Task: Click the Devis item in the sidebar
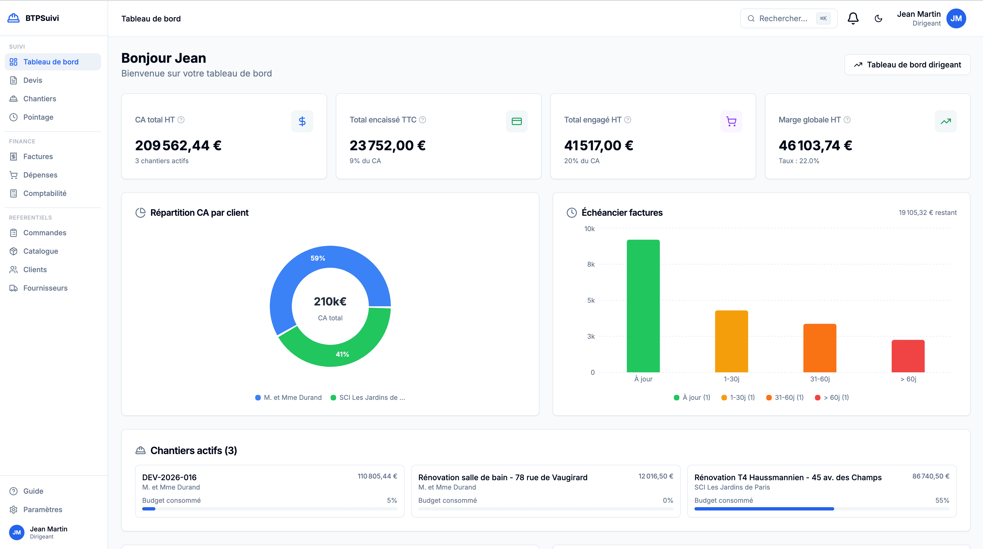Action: (32, 80)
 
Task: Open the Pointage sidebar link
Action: (38, 117)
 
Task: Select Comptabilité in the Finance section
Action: (45, 193)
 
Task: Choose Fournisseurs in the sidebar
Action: (45, 288)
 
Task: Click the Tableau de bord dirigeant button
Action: (907, 65)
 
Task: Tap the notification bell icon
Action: (853, 18)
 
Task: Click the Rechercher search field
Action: (783, 18)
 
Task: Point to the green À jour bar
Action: (643, 305)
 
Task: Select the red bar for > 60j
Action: (908, 356)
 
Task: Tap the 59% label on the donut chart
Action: (317, 258)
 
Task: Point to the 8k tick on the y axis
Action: (591, 264)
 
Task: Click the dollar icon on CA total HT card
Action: (302, 121)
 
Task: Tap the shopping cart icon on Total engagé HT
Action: (731, 121)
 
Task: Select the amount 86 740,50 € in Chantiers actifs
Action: (930, 476)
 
